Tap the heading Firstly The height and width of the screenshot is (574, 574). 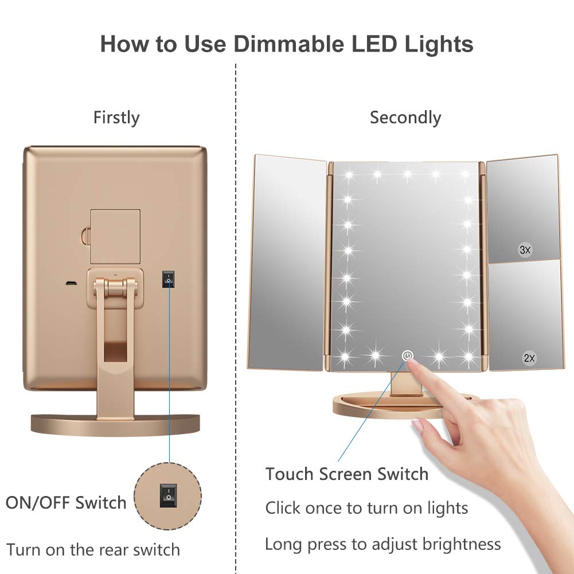click(x=116, y=118)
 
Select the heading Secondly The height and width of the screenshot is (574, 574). click(x=405, y=118)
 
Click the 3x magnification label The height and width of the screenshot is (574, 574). click(x=525, y=249)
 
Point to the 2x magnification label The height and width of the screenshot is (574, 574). click(x=529, y=358)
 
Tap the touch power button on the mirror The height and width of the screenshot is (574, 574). click(x=408, y=356)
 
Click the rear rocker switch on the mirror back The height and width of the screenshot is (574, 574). click(x=168, y=279)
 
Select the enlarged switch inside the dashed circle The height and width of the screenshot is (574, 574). click(x=167, y=494)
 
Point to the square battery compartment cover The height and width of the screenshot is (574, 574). click(x=115, y=236)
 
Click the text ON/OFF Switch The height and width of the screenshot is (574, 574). click(x=66, y=503)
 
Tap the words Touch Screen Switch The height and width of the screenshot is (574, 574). click(x=347, y=474)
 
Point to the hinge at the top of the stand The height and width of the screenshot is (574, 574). click(x=115, y=283)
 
